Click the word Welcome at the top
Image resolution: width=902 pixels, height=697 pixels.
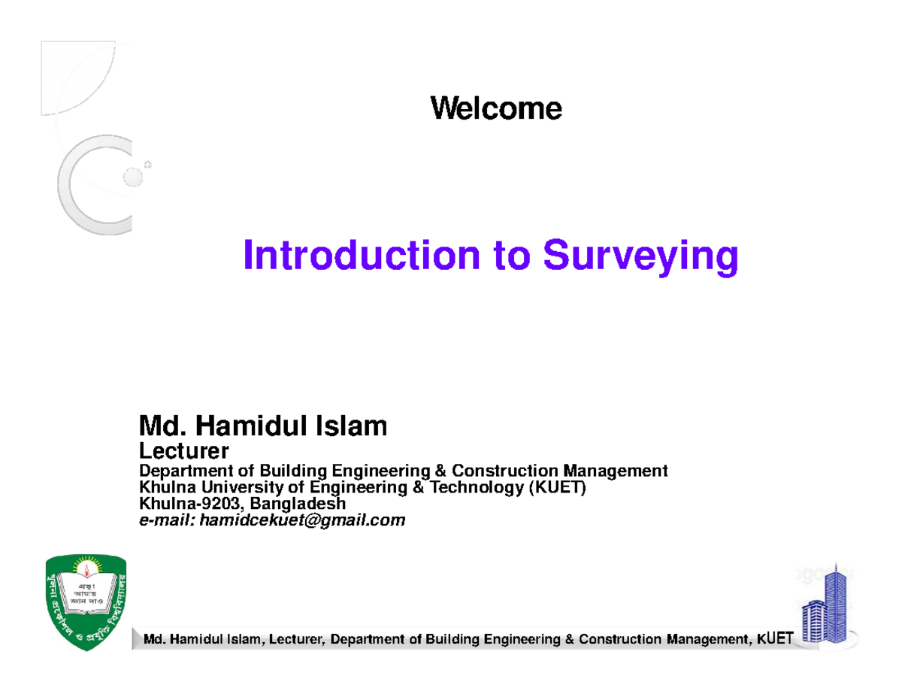tap(495, 109)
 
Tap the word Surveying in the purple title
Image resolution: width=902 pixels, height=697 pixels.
tap(640, 257)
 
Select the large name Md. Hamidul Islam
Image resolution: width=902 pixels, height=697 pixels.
tap(263, 427)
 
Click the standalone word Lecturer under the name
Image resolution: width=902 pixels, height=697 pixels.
tap(184, 452)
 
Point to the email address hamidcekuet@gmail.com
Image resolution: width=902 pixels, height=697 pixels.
tap(299, 520)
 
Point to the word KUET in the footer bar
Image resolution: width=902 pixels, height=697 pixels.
tap(774, 639)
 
